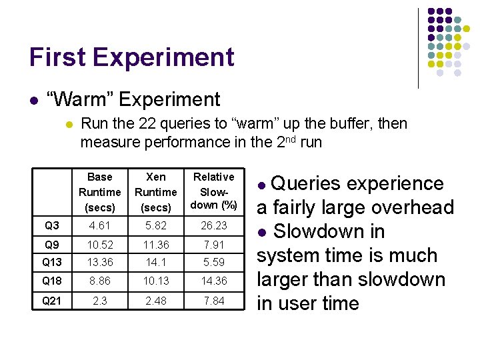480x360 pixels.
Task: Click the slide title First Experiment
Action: point(131,57)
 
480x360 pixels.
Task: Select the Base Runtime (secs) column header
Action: point(99,192)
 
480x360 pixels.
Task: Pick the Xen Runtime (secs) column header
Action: point(155,192)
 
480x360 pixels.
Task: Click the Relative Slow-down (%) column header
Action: point(213,191)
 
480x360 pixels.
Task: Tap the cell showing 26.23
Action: point(213,226)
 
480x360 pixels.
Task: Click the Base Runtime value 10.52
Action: point(99,245)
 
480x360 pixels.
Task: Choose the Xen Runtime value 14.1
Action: point(155,263)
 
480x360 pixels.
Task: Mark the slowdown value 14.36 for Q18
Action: point(213,281)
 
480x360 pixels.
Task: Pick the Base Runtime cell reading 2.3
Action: point(99,301)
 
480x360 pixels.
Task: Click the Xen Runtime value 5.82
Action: point(155,226)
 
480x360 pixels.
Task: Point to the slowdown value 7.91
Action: point(213,245)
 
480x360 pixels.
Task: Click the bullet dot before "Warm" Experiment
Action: point(33,101)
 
